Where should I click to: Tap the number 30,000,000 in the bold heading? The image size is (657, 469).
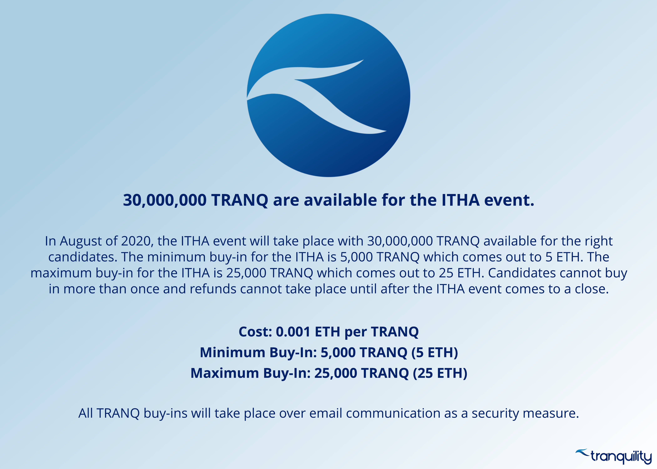(x=165, y=200)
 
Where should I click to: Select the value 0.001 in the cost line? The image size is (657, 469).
(x=293, y=332)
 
